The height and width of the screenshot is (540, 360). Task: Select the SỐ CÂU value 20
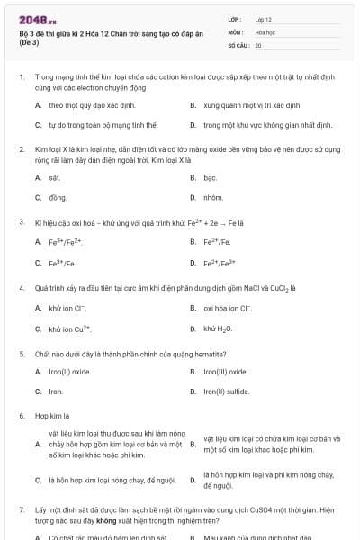point(258,44)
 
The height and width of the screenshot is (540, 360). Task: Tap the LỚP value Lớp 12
point(264,18)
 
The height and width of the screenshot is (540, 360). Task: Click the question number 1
point(22,78)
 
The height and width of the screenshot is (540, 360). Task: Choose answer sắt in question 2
point(54,178)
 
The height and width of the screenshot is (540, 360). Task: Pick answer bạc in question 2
point(210,178)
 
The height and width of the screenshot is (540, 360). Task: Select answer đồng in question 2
point(57,196)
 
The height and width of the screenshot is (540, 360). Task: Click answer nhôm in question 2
point(212,196)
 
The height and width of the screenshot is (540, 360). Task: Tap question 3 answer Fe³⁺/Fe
point(62,263)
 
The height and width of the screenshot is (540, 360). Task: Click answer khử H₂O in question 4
point(218,328)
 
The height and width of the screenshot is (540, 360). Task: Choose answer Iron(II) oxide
point(70,372)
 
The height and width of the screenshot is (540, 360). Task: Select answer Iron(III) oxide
point(225,372)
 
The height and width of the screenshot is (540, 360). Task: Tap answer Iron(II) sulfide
point(226,391)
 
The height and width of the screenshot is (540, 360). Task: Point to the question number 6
point(22,417)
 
